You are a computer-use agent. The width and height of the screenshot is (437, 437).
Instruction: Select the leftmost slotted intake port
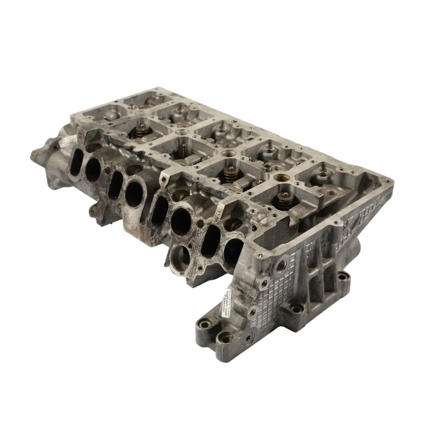tap(76, 163)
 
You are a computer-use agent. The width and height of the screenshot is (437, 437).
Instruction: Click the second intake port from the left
tap(93, 169)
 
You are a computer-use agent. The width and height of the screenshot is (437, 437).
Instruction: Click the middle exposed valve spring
tap(231, 173)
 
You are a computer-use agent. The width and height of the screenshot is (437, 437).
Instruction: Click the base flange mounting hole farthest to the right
tap(344, 277)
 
